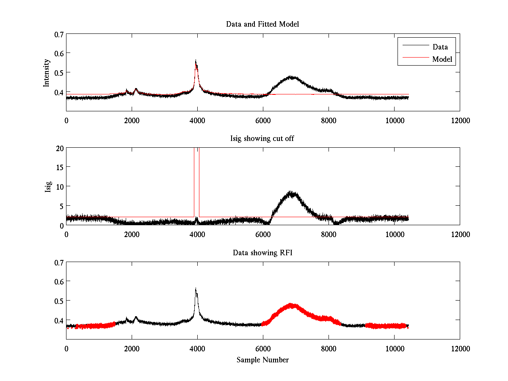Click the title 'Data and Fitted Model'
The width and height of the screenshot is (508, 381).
coord(262,24)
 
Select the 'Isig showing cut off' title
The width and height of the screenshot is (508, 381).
coord(262,138)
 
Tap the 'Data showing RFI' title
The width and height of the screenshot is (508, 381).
coord(262,253)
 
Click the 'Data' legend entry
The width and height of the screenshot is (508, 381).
coord(440,47)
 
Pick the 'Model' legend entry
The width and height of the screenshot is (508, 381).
coord(442,59)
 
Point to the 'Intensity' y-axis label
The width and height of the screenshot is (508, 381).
coord(47,73)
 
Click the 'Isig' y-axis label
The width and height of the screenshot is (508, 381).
coord(48,187)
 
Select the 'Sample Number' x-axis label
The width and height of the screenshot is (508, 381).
coord(262,360)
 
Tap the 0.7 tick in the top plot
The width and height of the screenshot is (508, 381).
coord(58,34)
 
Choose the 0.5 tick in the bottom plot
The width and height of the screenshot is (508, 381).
coord(58,301)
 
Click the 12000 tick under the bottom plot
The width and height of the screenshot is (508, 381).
coord(460,348)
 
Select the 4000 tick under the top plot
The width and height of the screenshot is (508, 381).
coord(197,120)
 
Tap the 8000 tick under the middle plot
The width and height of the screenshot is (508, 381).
coord(329,234)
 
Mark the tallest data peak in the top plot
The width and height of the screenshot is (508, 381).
coord(196,61)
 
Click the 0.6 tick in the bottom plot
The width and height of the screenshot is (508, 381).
coord(58,282)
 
